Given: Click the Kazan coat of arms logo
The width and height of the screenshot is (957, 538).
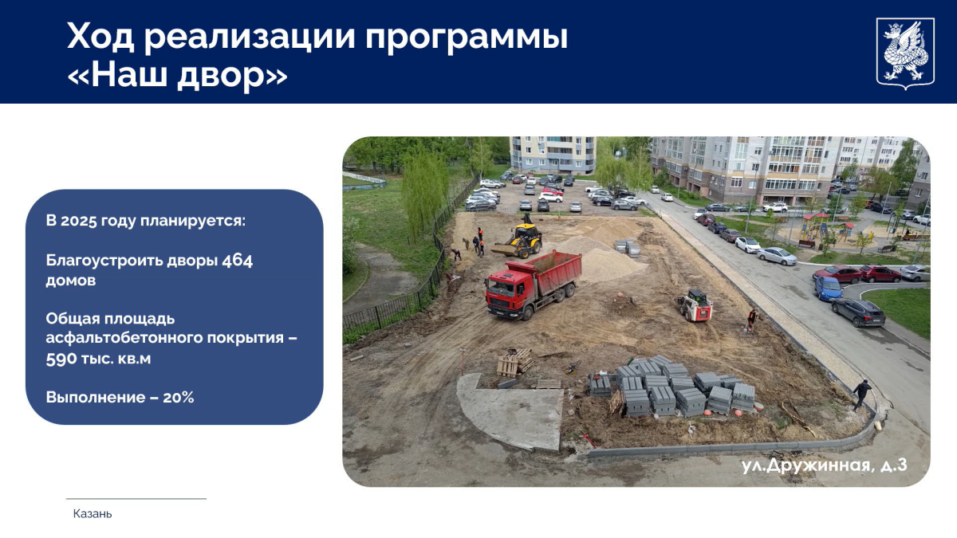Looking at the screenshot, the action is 905,53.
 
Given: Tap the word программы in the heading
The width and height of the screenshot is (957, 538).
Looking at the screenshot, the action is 466,38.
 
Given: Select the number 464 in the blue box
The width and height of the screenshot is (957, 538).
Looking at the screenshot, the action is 237,260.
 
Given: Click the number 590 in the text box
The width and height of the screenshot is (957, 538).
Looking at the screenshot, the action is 61,359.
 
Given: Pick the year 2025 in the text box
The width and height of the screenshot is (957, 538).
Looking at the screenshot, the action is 78,221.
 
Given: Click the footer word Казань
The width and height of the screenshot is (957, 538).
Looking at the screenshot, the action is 93,513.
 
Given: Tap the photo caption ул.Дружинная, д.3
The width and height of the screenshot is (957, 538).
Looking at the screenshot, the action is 824,465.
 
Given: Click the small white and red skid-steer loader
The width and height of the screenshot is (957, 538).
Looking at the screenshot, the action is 695,304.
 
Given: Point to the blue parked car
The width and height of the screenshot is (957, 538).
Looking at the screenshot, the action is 828,288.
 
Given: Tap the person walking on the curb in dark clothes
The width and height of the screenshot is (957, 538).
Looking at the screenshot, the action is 861,395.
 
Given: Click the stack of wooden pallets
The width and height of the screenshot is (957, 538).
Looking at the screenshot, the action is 515,363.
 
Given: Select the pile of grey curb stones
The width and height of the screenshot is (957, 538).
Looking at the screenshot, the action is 675,386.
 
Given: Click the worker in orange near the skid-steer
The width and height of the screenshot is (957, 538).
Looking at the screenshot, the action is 751,320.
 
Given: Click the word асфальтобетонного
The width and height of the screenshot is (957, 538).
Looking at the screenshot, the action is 124,337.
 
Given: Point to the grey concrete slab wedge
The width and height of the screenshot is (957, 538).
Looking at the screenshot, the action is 510,410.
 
